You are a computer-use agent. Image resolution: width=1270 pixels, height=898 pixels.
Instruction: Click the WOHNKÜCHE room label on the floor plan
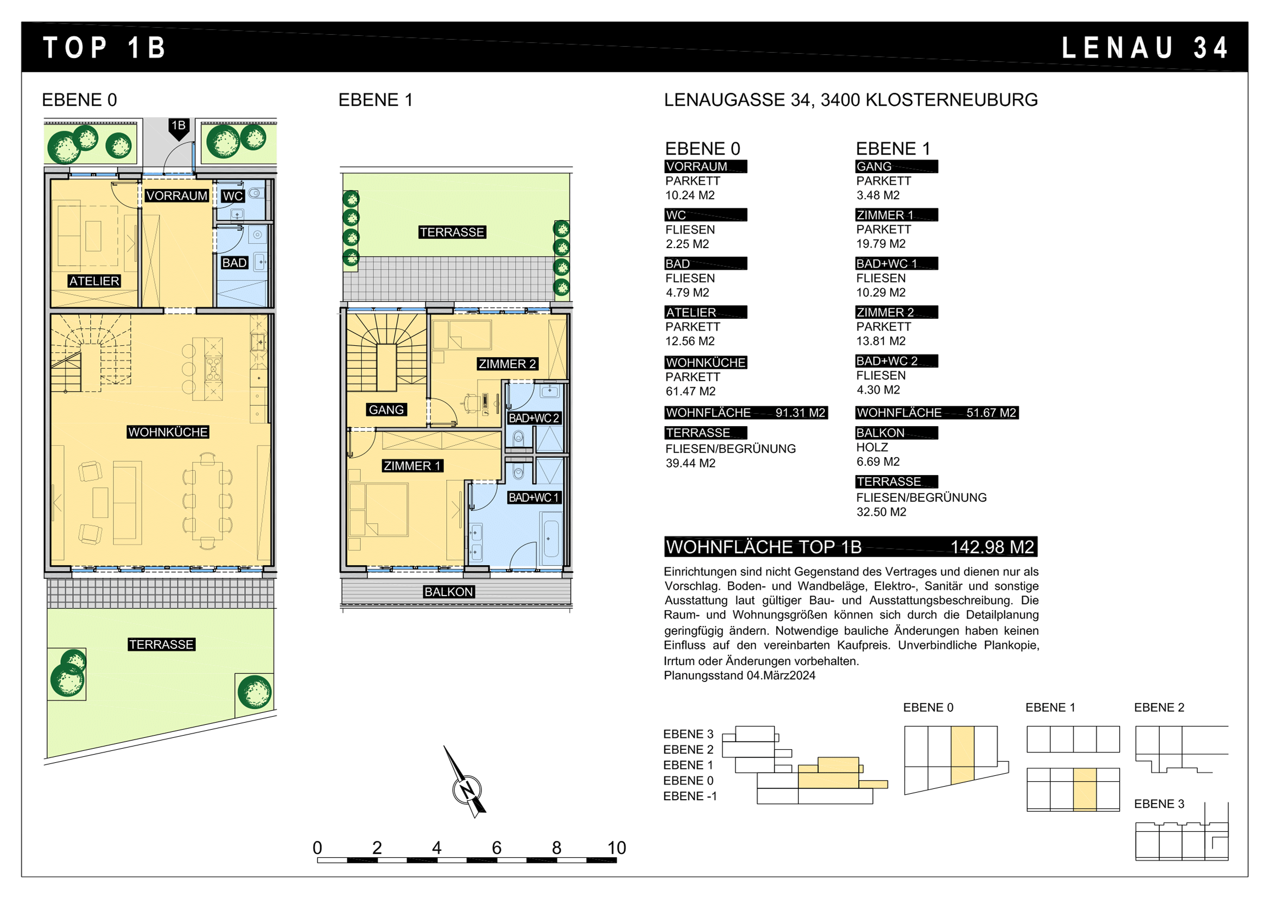click(168, 432)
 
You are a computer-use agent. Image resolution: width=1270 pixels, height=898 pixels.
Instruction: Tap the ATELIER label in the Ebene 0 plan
click(94, 281)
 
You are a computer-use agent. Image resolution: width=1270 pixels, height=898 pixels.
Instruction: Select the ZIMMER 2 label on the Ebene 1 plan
click(507, 364)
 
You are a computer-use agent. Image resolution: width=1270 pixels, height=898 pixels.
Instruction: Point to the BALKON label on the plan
click(449, 592)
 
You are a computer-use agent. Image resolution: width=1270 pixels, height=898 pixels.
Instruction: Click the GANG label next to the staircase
click(386, 410)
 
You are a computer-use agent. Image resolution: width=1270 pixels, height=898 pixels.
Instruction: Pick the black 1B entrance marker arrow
click(179, 129)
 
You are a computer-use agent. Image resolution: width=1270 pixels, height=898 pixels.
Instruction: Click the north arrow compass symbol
click(466, 782)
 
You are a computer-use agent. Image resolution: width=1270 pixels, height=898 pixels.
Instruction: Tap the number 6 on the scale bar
click(497, 848)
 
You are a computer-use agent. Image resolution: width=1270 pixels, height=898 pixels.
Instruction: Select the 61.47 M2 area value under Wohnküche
click(690, 391)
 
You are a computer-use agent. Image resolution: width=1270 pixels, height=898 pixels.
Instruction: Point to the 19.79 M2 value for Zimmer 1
click(881, 244)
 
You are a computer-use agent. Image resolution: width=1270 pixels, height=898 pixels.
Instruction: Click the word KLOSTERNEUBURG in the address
click(951, 100)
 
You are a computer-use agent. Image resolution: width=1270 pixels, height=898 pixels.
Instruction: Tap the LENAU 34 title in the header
click(1145, 48)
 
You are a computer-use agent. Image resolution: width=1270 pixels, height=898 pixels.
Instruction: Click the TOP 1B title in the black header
click(105, 48)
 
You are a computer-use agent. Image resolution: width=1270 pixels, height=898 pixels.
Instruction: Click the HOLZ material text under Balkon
click(872, 447)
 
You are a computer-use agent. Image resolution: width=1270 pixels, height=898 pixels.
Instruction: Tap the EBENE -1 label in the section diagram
click(690, 796)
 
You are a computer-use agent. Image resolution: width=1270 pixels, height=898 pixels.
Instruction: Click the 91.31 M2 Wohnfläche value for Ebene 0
click(800, 413)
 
